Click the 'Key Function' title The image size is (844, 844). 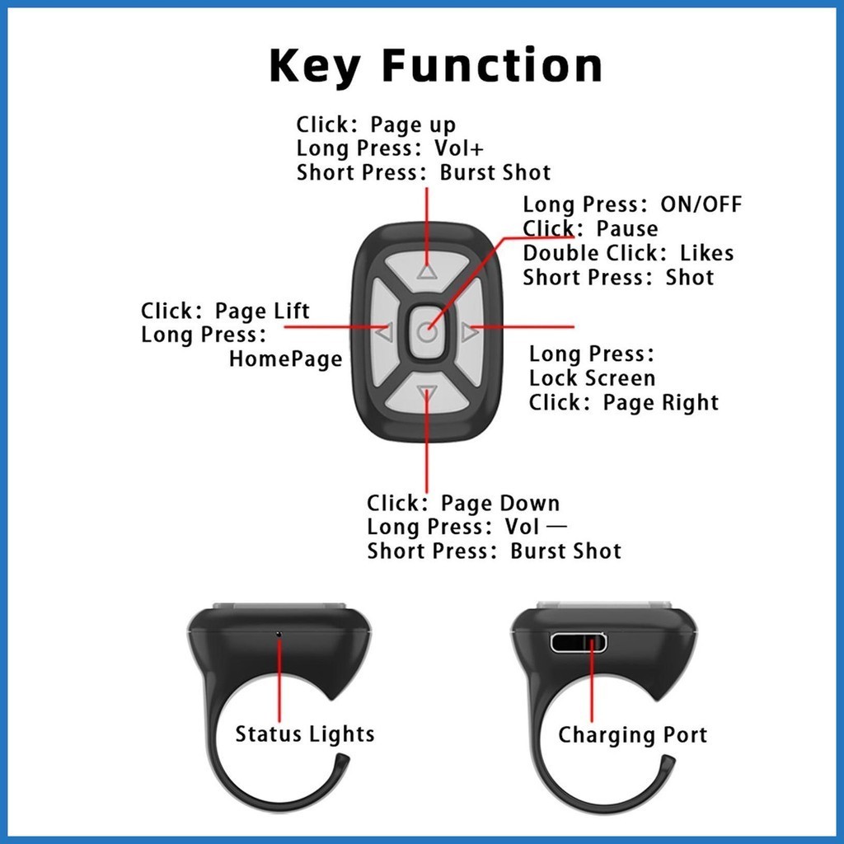435,66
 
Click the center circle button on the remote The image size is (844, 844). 426,333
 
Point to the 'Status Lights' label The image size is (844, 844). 304,734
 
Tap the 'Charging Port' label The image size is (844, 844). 632,734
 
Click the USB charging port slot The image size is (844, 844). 578,643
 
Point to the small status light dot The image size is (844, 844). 279,634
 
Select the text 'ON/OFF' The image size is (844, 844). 701,204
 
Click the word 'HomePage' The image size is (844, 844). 285,359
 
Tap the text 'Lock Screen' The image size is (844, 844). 592,378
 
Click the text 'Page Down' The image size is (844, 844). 499,504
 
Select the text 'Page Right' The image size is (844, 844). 660,403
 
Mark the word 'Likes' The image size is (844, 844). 706,253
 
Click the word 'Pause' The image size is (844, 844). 627,228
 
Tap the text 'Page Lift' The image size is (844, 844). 262,311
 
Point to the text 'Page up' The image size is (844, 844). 412,125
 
